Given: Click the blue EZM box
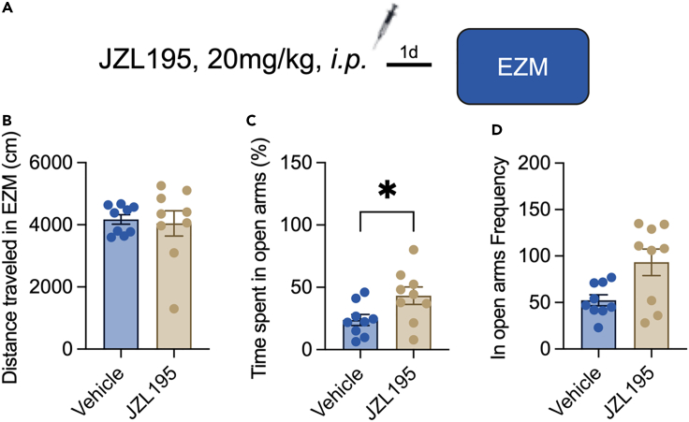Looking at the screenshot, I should tap(522, 65).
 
